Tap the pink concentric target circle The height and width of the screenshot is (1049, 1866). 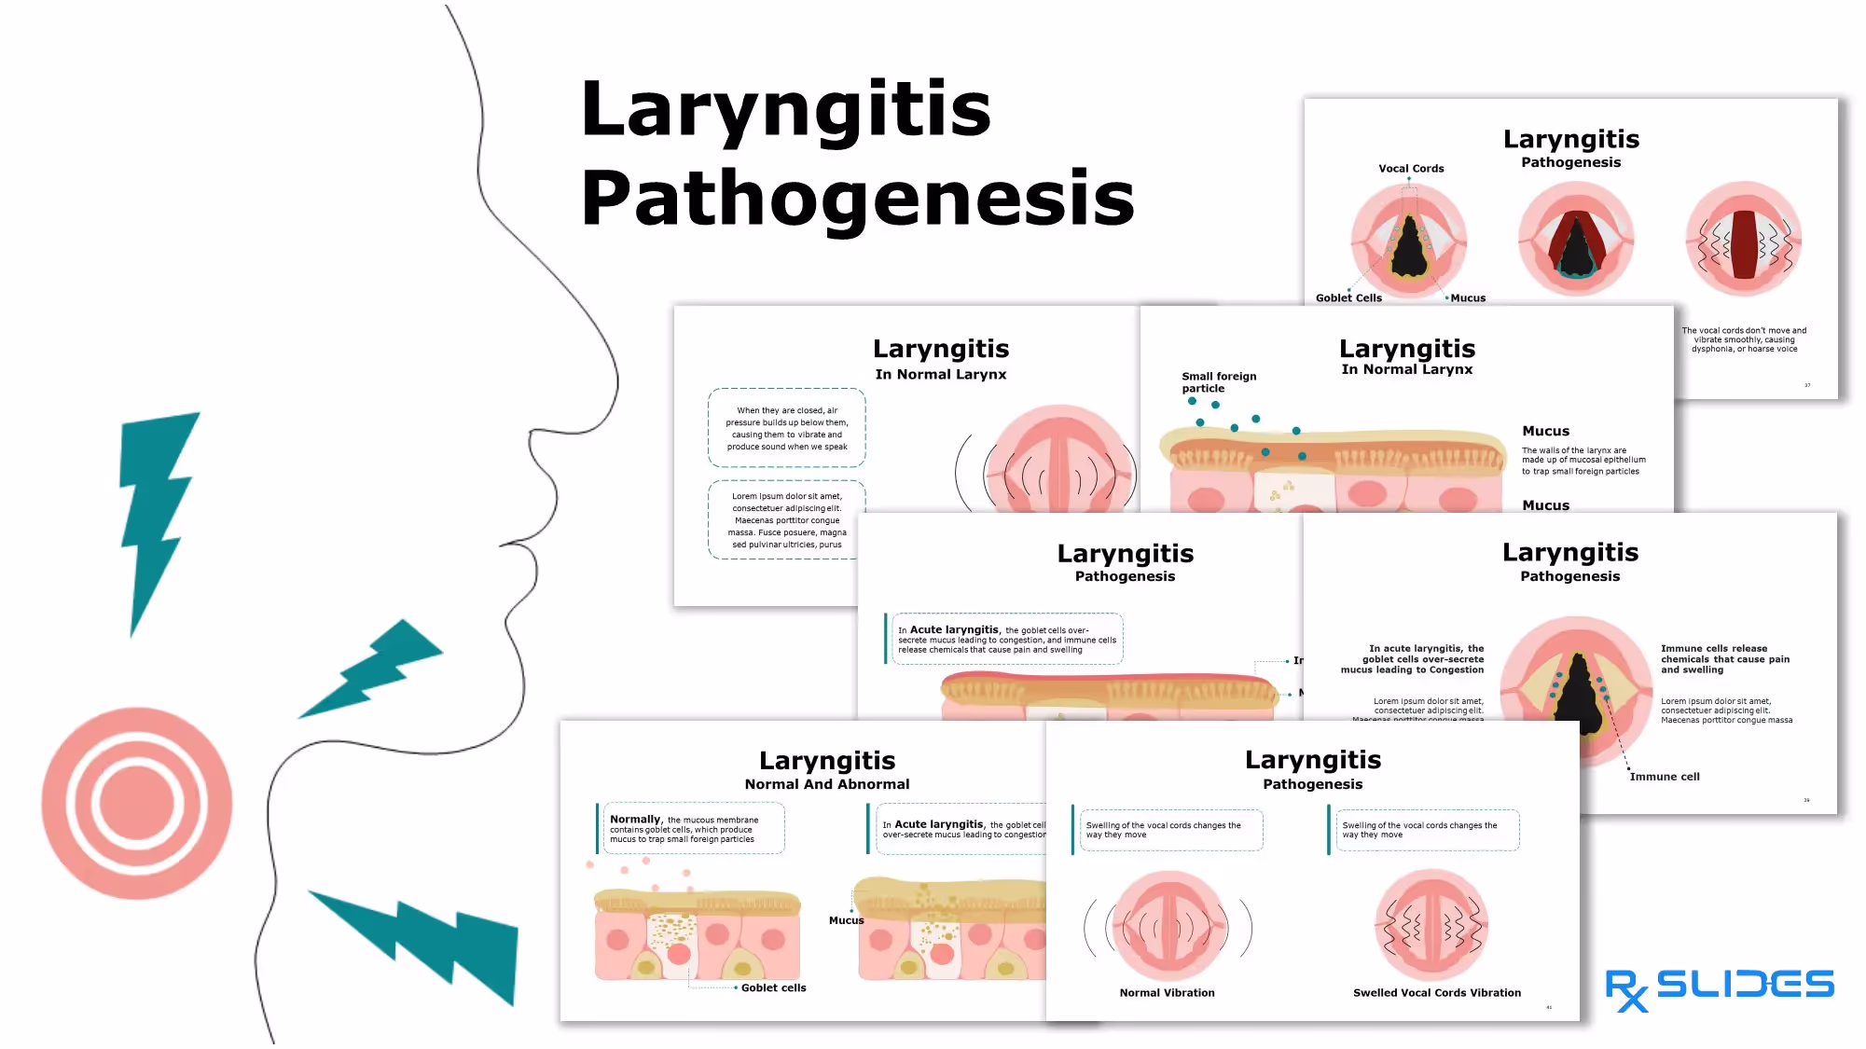pyautogui.click(x=137, y=803)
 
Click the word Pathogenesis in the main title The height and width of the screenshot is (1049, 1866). pyautogui.click(x=857, y=200)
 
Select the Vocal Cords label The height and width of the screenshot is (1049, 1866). pyautogui.click(x=1411, y=169)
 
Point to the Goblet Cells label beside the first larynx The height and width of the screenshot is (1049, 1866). pyautogui.click(x=1348, y=298)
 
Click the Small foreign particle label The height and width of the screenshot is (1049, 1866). pyautogui.click(x=1218, y=382)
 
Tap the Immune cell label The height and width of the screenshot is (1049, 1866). pyautogui.click(x=1665, y=777)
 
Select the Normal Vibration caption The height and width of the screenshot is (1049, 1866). pyautogui.click(x=1167, y=993)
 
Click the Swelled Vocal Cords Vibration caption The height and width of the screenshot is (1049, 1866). pyautogui.click(x=1436, y=993)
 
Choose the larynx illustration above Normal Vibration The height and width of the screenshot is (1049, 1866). pyautogui.click(x=1168, y=926)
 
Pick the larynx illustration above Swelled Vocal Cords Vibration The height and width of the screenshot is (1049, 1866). pyautogui.click(x=1431, y=926)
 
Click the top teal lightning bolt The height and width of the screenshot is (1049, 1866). pyautogui.click(x=157, y=513)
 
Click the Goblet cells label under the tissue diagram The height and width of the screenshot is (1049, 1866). pyautogui.click(x=773, y=988)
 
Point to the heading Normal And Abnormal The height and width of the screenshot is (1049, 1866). pyautogui.click(x=826, y=784)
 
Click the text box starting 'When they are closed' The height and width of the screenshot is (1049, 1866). pyautogui.click(x=786, y=428)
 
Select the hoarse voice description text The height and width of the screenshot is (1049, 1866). pyautogui.click(x=1744, y=339)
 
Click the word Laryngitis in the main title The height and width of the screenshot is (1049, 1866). pyautogui.click(x=785, y=110)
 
